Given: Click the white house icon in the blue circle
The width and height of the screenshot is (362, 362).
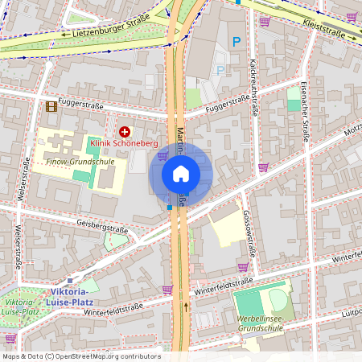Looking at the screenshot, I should tap(180, 173).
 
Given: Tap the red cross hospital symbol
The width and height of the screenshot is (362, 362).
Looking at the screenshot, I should tap(124, 131).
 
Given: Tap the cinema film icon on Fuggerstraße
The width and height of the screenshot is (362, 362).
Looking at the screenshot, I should tap(51, 106).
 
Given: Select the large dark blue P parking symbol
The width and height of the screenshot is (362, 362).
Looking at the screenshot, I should tap(236, 41).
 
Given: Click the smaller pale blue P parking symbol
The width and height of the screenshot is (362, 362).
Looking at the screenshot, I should tap(220, 70).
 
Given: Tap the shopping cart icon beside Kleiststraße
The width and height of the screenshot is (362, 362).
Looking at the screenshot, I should tap(352, 15).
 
